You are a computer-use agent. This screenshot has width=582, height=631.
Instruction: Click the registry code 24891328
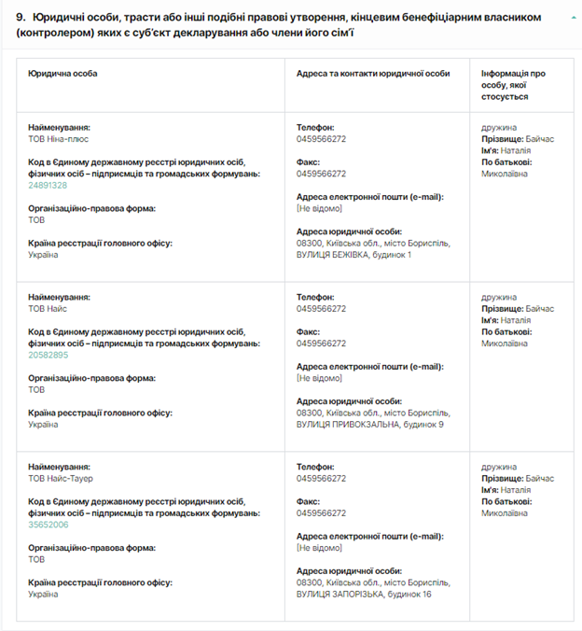[x=48, y=185]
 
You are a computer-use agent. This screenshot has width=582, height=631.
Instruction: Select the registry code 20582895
[x=48, y=355]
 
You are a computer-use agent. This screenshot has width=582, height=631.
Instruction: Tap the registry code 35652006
[x=48, y=525]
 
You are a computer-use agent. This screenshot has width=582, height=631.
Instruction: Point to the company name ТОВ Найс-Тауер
[x=62, y=478]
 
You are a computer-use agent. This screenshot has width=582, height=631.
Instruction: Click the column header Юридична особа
[x=62, y=73]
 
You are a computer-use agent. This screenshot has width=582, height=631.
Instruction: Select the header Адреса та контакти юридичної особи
[x=372, y=73]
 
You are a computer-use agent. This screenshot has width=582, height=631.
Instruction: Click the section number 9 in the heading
[x=20, y=18]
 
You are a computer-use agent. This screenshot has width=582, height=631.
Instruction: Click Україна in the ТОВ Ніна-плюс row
[x=44, y=255]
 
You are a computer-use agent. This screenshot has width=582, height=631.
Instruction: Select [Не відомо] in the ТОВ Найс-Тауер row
[x=319, y=548]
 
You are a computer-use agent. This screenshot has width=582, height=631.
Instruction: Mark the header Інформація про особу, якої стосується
[x=513, y=84]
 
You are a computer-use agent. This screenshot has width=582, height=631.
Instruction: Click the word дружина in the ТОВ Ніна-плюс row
[x=499, y=127]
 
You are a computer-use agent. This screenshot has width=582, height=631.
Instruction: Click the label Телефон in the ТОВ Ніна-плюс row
[x=314, y=127]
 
